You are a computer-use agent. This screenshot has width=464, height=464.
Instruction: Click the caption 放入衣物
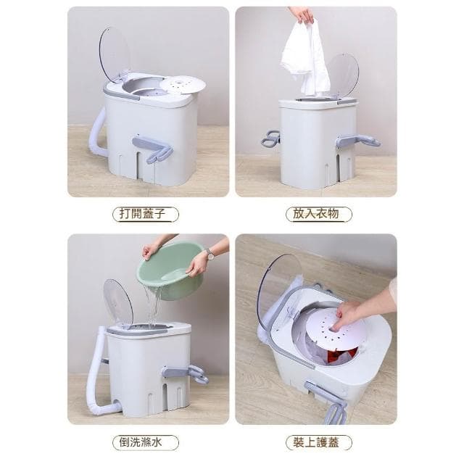coord(316,215)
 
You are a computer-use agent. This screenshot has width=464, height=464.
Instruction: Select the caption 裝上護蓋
coord(316,442)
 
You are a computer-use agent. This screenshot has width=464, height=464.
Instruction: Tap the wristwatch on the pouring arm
coord(209,254)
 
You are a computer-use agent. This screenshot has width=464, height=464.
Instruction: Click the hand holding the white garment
coord(302,14)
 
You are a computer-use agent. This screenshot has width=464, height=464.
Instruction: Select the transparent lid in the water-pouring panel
coord(117,300)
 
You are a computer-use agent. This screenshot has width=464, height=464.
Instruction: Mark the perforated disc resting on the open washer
coord(182,84)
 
